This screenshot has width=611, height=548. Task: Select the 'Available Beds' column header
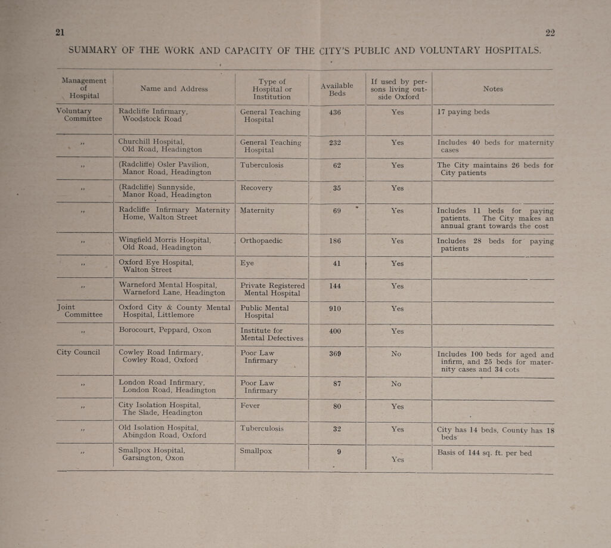[x=337, y=89]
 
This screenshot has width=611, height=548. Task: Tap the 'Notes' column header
[x=493, y=89]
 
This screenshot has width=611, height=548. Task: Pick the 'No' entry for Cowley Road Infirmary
[x=396, y=354]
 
